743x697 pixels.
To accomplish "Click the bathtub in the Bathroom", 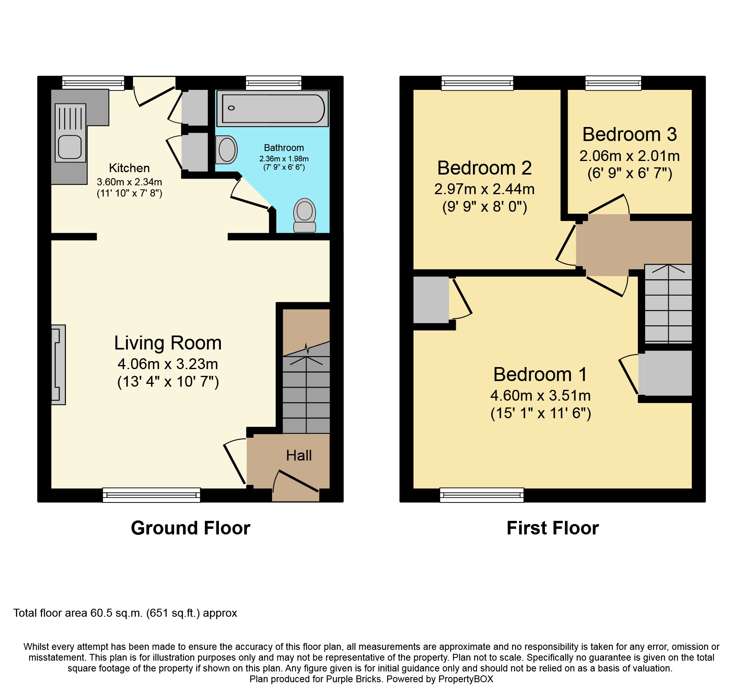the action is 272,108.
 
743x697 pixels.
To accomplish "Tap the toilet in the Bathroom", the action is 305,215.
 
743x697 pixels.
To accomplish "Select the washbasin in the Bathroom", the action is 226,150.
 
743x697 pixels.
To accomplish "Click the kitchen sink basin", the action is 70,147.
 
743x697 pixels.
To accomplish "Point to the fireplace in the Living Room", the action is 58,365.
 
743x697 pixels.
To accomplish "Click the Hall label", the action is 299,455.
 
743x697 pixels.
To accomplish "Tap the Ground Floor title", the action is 191,528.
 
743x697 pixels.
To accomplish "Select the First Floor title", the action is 553,528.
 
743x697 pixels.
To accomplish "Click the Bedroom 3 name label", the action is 630,134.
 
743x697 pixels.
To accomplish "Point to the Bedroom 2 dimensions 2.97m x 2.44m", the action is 485,189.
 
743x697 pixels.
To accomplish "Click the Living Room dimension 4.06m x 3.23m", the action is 168,364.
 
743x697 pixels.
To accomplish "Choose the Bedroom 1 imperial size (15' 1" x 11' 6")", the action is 541,413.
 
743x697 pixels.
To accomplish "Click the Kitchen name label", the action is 129,168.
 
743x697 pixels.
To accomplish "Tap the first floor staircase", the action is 668,304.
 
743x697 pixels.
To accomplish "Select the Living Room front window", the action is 151,495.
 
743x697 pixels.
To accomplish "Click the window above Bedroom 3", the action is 613,83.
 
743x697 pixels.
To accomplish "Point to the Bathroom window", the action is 274,83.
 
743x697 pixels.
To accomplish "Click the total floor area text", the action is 125,613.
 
